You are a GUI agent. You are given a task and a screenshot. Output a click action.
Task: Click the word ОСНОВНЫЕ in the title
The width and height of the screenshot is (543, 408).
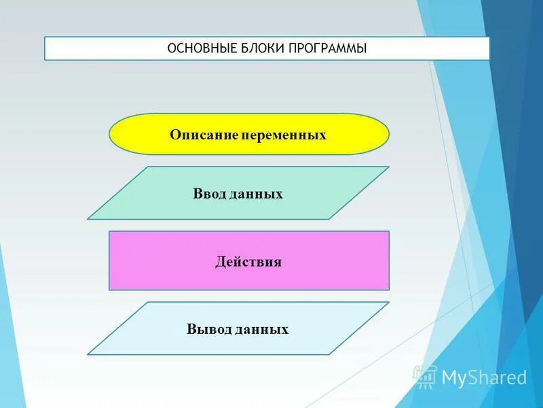coord(200,49)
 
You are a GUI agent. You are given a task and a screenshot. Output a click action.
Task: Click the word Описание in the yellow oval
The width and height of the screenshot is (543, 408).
coord(202,135)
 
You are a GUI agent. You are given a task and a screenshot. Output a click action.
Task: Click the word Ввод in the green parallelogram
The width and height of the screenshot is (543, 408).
coord(208,194)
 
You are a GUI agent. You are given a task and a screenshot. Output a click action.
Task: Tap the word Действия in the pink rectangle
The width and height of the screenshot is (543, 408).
coord(248,262)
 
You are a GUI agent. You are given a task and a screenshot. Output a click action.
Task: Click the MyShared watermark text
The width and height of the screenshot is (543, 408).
coord(484,377)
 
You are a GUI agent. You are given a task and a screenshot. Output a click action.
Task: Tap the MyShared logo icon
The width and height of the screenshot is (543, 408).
coord(426,376)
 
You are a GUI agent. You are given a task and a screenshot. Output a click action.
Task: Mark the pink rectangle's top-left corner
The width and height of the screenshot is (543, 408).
coord(110,232)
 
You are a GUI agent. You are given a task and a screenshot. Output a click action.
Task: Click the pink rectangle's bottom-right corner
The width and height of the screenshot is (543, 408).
coord(388,289)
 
